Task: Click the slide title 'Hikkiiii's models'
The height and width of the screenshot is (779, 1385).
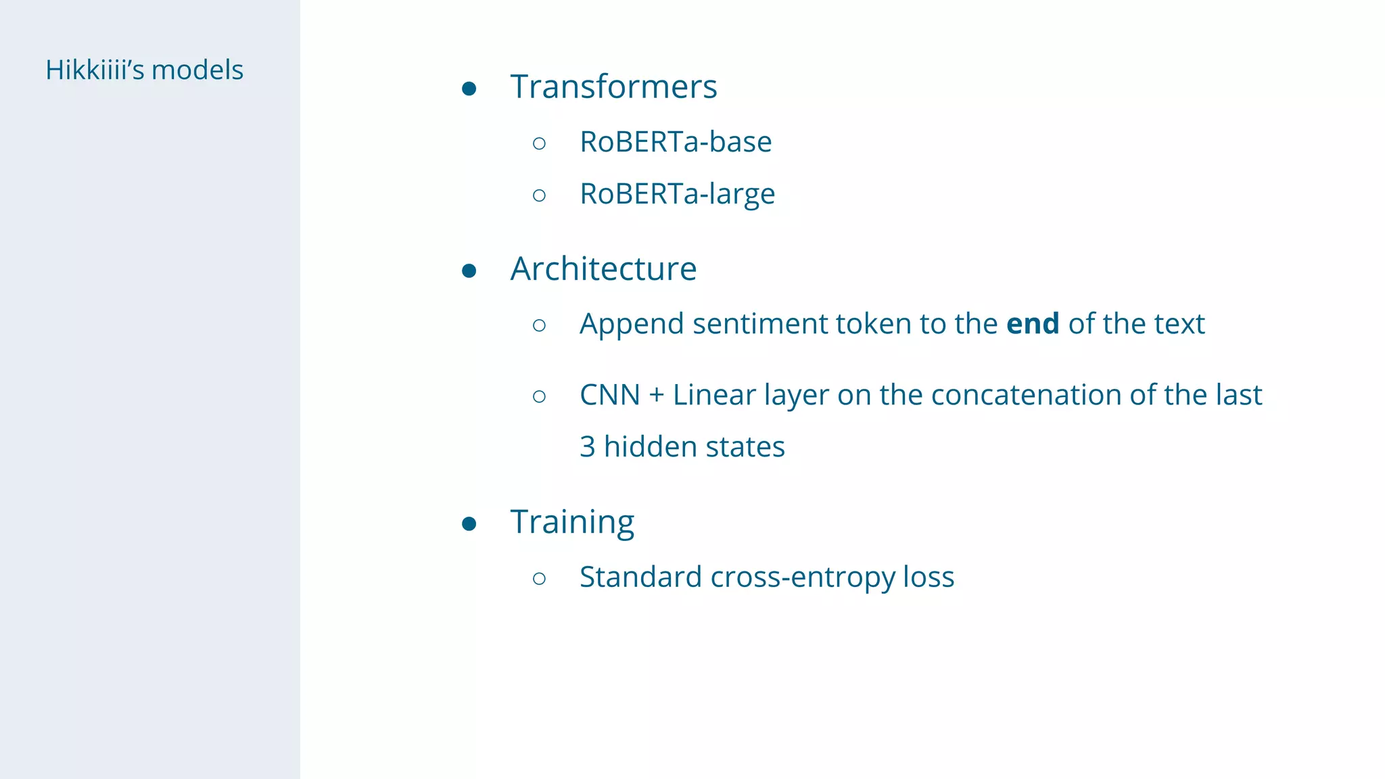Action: point(144,70)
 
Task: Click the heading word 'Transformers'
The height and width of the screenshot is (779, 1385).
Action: point(613,87)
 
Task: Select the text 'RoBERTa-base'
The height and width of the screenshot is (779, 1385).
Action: point(676,142)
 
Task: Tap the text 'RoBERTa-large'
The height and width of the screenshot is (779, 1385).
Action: point(677,194)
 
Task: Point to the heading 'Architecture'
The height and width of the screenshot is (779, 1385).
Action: point(603,269)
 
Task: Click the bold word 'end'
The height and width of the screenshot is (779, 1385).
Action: point(1033,324)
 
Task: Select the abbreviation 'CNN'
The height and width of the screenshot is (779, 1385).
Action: point(609,395)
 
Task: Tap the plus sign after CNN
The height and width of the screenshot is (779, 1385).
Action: point(656,396)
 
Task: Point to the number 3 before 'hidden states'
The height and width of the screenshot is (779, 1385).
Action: point(588,447)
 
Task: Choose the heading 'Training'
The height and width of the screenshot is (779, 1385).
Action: point(572,523)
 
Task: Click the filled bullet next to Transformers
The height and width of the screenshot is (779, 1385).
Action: point(469,89)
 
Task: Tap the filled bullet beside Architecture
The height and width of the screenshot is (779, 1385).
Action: point(469,271)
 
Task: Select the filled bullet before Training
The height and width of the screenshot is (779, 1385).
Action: point(469,524)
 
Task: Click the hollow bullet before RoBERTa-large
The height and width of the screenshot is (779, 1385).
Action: point(539,195)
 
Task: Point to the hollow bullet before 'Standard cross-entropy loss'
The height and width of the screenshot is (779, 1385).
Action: point(539,578)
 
